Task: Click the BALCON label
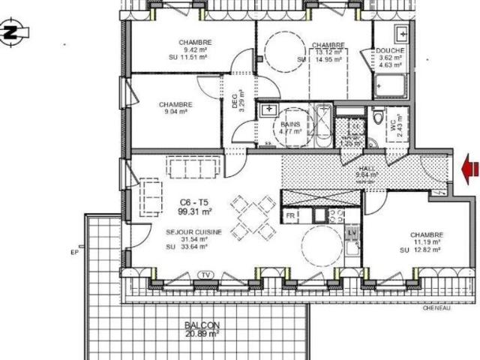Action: tap(202, 325)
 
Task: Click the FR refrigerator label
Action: tap(289, 216)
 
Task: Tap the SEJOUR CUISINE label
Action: tap(193, 233)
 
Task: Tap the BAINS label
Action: tap(291, 124)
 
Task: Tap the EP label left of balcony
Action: tap(75, 253)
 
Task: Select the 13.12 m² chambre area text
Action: tap(328, 52)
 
